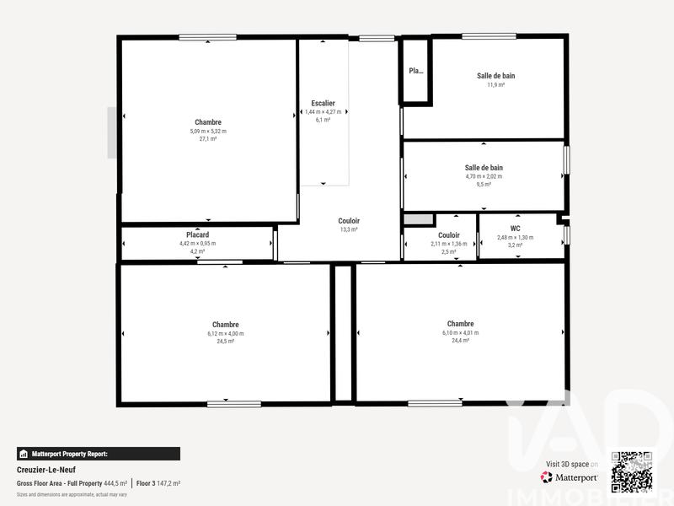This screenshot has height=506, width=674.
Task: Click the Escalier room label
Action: point(324,103)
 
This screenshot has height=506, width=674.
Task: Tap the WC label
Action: point(515,229)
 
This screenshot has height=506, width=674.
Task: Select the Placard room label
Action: point(197,234)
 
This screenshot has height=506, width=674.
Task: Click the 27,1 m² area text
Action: point(208,139)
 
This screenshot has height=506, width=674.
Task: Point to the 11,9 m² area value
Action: point(495,84)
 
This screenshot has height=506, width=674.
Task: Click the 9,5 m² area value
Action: point(484,185)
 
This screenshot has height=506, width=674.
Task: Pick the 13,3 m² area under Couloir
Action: point(349,229)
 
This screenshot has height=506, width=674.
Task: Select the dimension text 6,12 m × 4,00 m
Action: point(225,333)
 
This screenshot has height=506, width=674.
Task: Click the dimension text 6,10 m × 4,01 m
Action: point(460,332)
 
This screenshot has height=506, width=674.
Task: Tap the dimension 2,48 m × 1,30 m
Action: point(515,237)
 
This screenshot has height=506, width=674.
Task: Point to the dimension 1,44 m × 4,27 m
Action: point(324,112)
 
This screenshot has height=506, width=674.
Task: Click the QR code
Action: point(631,472)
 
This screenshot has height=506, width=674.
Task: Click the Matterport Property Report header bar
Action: point(98,454)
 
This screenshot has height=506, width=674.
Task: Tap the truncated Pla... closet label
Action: point(416,71)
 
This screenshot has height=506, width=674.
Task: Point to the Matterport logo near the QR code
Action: point(570,477)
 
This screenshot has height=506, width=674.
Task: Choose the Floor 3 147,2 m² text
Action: point(158,483)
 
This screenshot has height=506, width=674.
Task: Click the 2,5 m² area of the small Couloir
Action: point(449,251)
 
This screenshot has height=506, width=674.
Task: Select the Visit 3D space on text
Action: point(572,464)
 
